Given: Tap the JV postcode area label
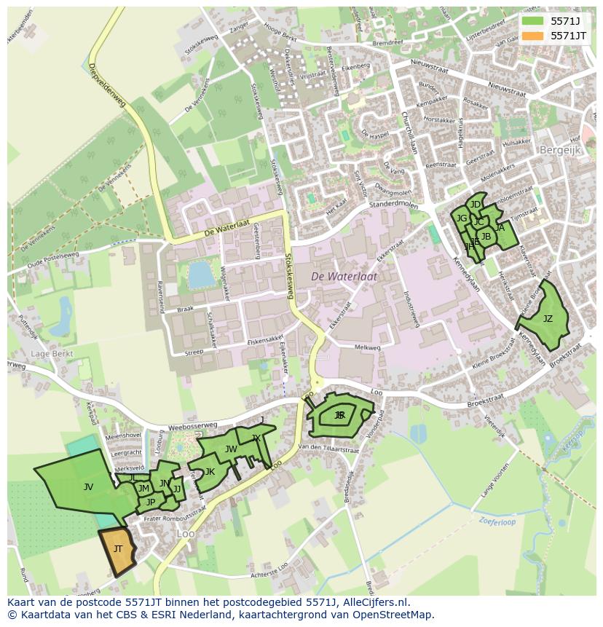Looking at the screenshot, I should (x=88, y=487).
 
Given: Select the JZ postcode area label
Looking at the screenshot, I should (x=548, y=319).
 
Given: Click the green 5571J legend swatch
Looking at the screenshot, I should (x=532, y=21).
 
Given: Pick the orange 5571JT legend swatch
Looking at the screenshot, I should (x=532, y=35).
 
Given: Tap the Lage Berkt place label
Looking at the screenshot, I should (x=50, y=353).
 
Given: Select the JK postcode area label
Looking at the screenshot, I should (x=210, y=472).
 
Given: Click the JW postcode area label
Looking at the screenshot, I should (x=231, y=449).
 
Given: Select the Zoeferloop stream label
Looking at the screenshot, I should (x=497, y=521).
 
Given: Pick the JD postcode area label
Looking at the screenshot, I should (x=476, y=205).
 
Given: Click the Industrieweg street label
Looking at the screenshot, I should (x=412, y=308).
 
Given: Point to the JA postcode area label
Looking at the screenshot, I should (x=500, y=228).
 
